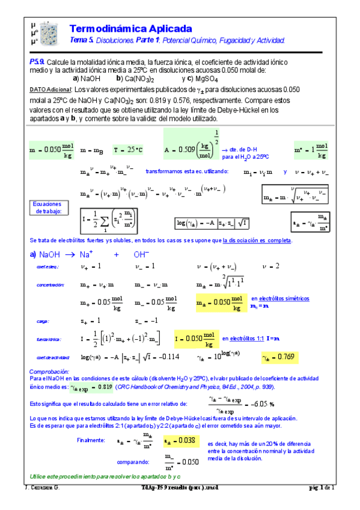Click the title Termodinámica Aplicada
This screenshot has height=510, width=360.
pos(131,29)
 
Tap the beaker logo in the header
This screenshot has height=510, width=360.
pos(45,32)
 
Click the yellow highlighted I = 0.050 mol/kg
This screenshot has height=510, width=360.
pos(195,339)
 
